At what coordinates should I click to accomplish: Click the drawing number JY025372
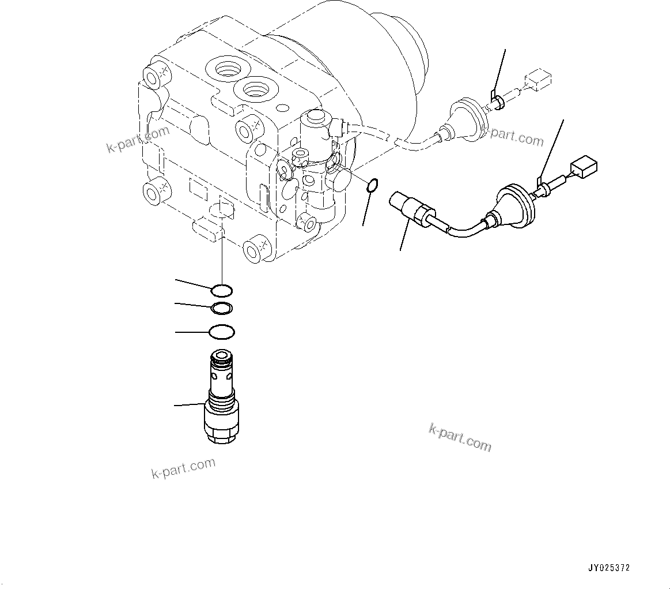click(609, 568)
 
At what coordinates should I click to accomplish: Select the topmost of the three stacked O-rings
click(222, 290)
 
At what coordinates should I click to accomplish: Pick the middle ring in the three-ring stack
click(222, 309)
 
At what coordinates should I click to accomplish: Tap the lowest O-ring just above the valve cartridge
click(222, 332)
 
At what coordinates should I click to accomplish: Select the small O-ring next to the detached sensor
click(372, 186)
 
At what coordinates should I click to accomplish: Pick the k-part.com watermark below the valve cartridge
click(183, 468)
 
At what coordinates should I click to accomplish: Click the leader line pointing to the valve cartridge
click(190, 405)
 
